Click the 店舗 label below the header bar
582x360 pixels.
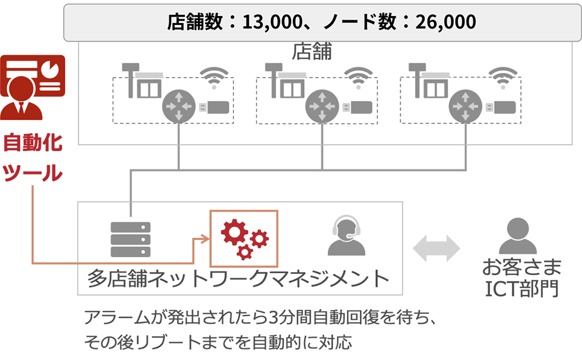(x=312, y=52)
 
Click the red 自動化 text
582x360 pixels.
(x=33, y=143)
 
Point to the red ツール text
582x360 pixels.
(x=33, y=173)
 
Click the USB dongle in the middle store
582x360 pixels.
(x=356, y=107)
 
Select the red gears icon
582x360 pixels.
(x=244, y=238)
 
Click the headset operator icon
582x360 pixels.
(x=346, y=236)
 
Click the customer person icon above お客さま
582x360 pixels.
(x=513, y=236)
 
